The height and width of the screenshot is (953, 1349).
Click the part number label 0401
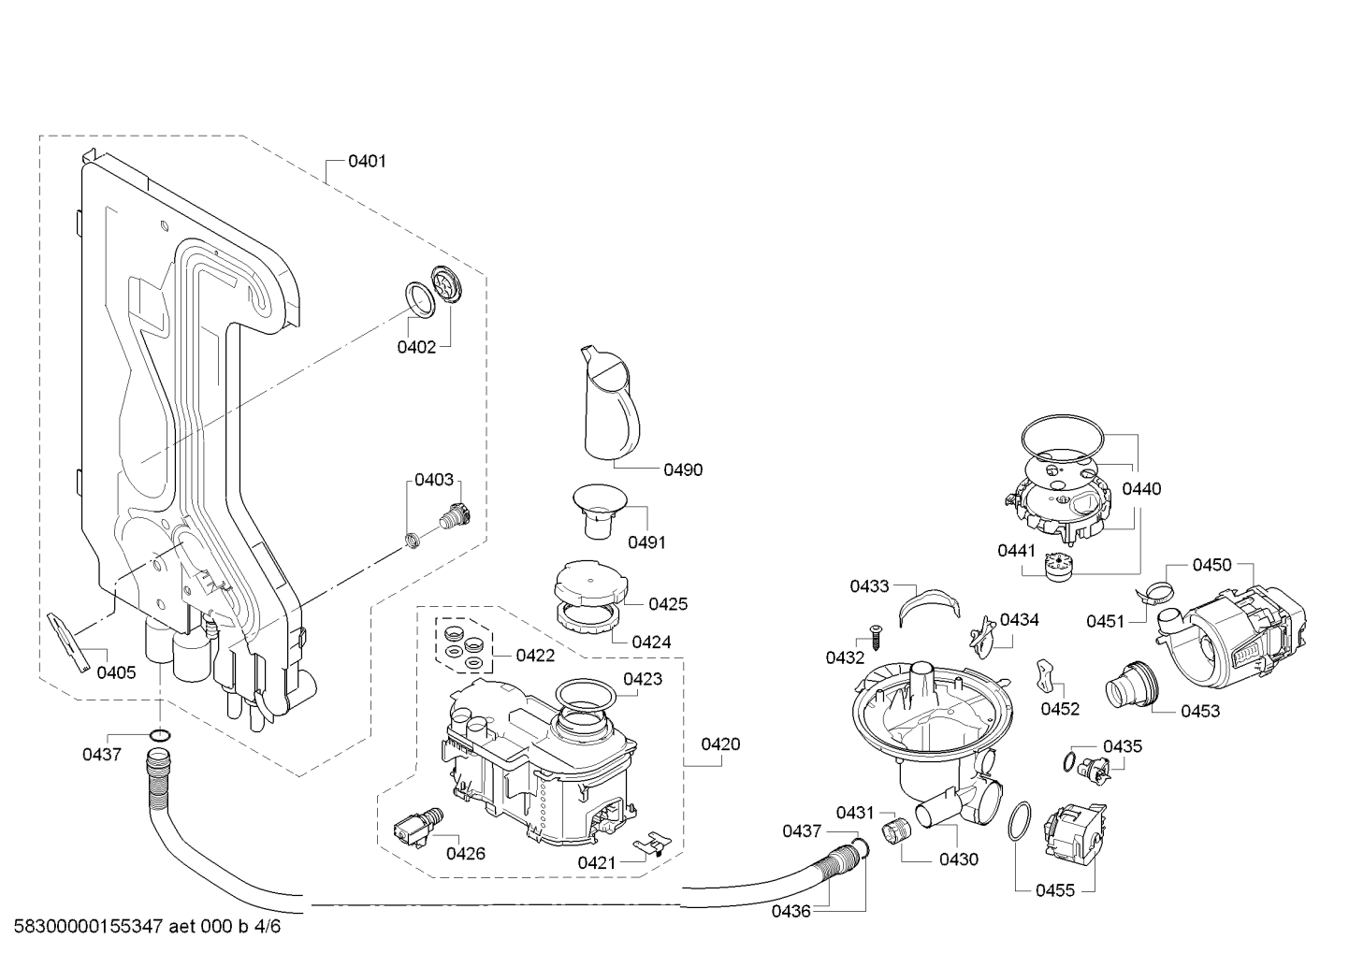coord(367,161)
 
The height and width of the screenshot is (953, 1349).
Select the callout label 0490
coord(683,469)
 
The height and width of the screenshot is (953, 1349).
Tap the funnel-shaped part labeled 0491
coord(600,511)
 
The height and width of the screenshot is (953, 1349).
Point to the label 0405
coord(116,672)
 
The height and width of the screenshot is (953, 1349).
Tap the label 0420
coord(720,744)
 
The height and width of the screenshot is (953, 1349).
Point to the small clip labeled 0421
coord(653,843)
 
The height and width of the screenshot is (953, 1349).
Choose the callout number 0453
coord(1199,711)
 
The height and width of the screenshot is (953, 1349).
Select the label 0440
coord(1141,489)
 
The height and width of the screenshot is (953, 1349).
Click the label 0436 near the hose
coord(791,912)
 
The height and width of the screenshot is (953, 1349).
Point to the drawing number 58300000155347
coord(88,927)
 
